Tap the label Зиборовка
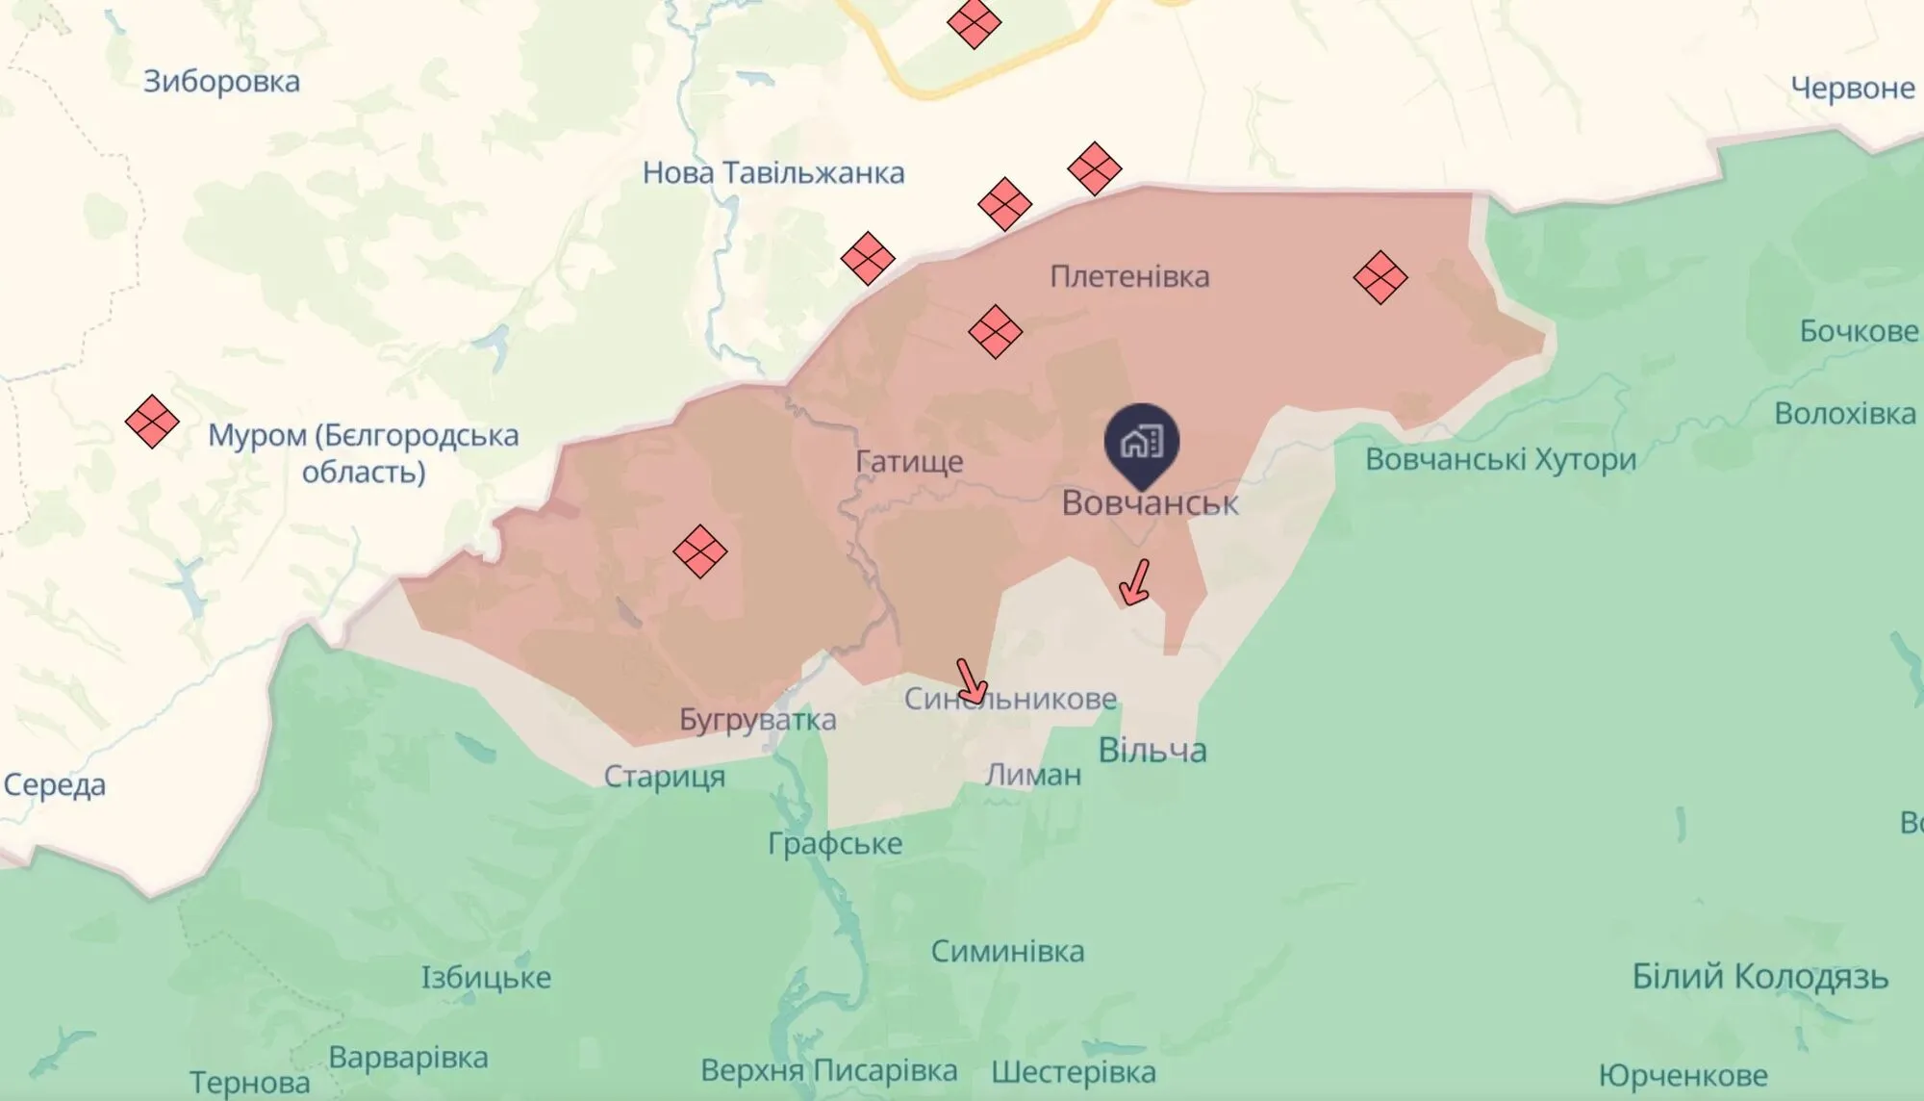click(x=221, y=82)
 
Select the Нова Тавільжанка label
click(x=773, y=173)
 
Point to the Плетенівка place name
click(x=1129, y=277)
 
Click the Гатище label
click(x=910, y=462)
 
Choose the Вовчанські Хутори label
click(x=1501, y=459)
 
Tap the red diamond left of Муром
click(x=152, y=422)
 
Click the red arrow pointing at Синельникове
click(x=972, y=680)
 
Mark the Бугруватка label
click(x=757, y=720)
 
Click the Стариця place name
click(x=664, y=777)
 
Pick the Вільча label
click(x=1152, y=750)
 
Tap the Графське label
click(x=834, y=844)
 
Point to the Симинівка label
click(x=1007, y=952)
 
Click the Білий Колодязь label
click(x=1759, y=977)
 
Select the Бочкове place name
click(x=1859, y=331)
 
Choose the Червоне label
click(x=1852, y=89)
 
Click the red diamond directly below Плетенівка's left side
click(x=995, y=332)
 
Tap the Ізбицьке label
click(x=486, y=978)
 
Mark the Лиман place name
click(x=1033, y=775)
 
